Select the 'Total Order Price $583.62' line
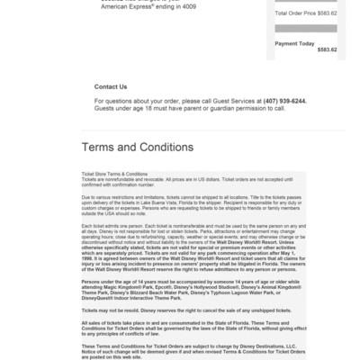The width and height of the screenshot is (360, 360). [306, 13]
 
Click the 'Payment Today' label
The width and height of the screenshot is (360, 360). [294, 43]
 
